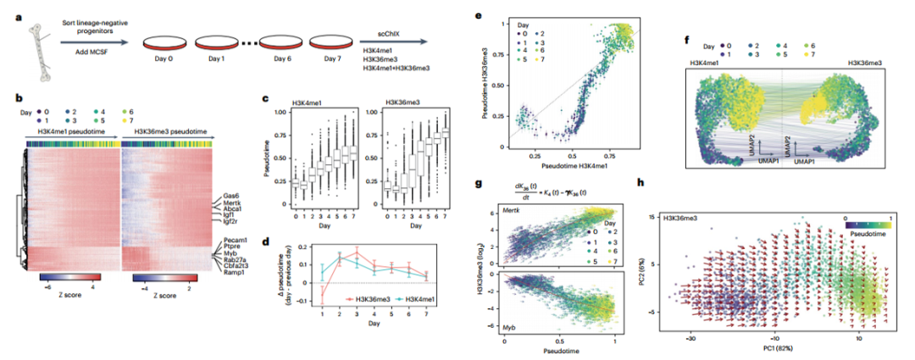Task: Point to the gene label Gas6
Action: coord(236,196)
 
